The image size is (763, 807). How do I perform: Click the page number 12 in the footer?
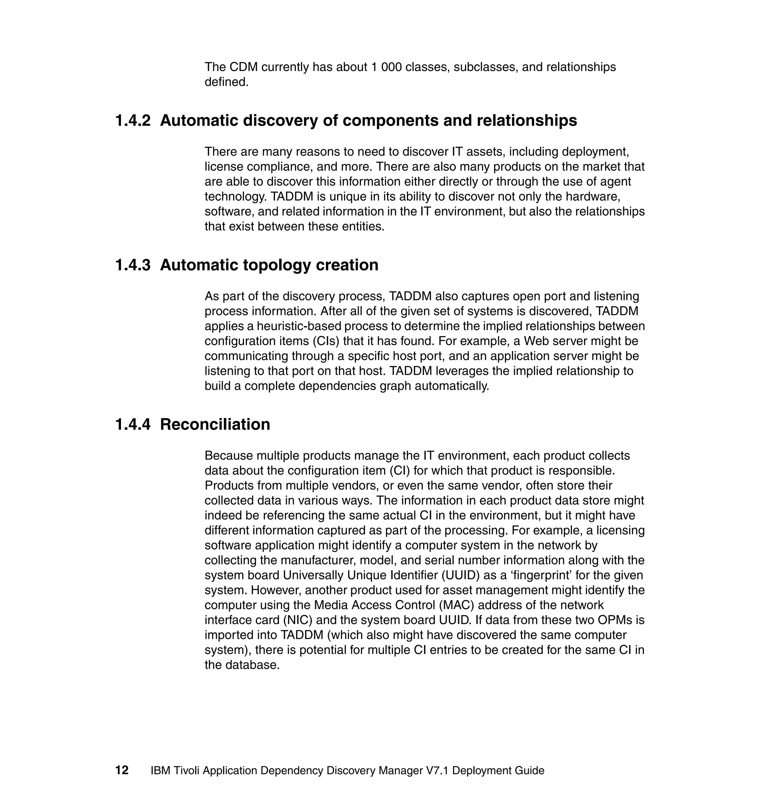[x=122, y=770]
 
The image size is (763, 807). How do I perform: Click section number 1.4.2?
[x=133, y=121]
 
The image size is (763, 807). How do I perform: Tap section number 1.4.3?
[x=133, y=265]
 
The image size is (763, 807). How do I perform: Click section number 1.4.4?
[x=133, y=424]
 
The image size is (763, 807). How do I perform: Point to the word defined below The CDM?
[x=226, y=82]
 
